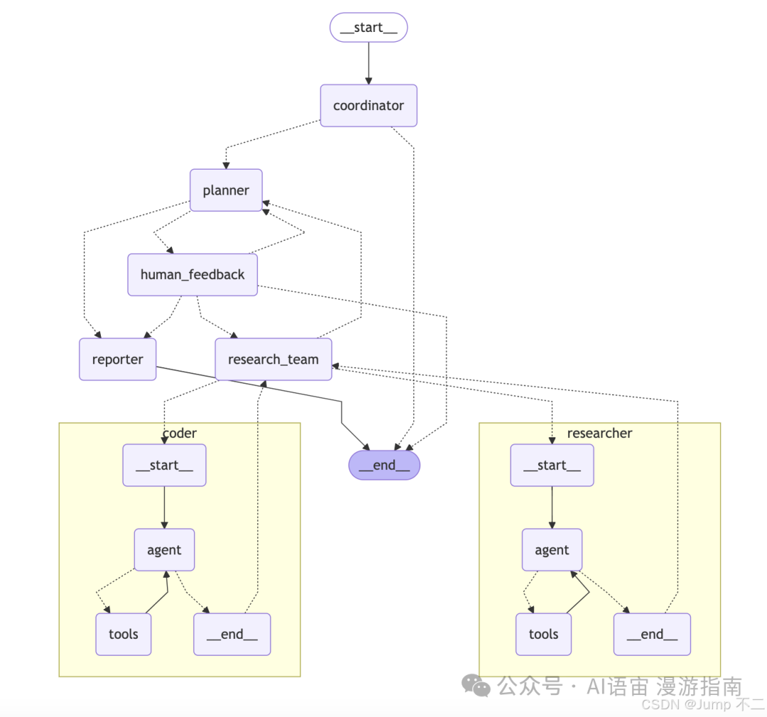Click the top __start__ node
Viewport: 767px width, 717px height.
(368, 27)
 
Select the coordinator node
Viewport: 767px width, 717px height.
(368, 106)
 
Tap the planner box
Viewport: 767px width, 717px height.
(226, 190)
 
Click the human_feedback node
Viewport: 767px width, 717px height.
(192, 275)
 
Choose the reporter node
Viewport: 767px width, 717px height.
(117, 359)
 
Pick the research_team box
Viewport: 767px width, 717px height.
(273, 359)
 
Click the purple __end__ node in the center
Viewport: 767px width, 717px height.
(384, 465)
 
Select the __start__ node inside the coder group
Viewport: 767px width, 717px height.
(164, 465)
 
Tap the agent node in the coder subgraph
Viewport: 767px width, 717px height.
(164, 550)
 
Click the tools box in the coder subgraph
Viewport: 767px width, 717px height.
(124, 634)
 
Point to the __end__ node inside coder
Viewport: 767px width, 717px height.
(232, 634)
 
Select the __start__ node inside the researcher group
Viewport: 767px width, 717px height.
(552, 465)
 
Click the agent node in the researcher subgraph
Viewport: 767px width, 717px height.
(552, 550)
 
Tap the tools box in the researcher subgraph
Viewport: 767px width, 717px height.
(543, 634)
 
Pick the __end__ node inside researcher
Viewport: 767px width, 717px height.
(651, 634)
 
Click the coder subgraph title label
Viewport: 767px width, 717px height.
(180, 433)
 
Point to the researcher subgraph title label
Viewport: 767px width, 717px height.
(599, 433)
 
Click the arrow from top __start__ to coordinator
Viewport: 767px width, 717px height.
(368, 62)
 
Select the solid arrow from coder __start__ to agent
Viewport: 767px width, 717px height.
(164, 507)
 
